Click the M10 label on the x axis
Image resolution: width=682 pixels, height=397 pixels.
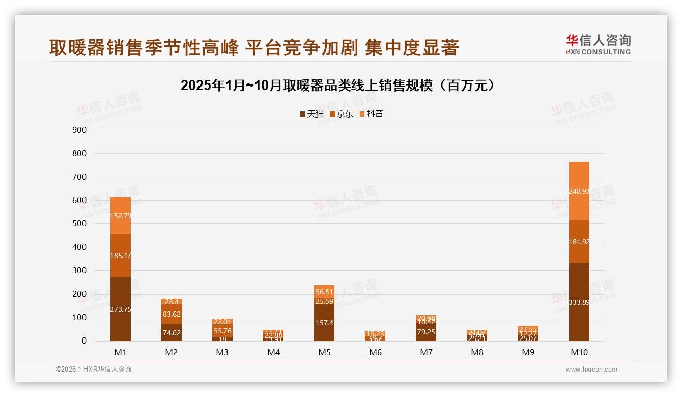coord(579,352)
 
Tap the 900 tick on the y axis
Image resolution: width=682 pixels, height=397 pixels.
coord(80,130)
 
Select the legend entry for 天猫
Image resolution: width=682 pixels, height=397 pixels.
coord(311,114)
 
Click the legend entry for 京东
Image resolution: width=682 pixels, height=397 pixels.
coord(341,114)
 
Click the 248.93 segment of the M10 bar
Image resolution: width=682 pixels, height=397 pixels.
coord(579,191)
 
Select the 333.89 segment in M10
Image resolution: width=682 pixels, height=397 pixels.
coord(579,302)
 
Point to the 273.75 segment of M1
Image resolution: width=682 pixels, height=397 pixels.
coord(121,308)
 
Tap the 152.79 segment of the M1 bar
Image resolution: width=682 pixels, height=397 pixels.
coord(121,216)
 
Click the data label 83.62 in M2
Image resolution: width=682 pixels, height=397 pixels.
coord(172,315)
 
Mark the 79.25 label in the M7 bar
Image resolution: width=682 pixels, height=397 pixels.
coord(426,332)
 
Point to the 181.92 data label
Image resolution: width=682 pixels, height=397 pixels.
coord(579,242)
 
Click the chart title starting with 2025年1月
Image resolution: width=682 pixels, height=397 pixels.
coord(337,86)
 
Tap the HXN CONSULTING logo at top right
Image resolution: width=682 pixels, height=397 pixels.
coord(598,45)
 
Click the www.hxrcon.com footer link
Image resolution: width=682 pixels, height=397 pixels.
coord(591,370)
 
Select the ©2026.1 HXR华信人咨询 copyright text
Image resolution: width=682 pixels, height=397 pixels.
coord(94,370)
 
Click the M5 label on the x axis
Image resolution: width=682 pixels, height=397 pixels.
coord(324,352)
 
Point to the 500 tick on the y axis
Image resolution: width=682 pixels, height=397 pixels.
coord(80,223)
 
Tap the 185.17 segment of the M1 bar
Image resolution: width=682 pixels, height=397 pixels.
coord(121,256)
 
